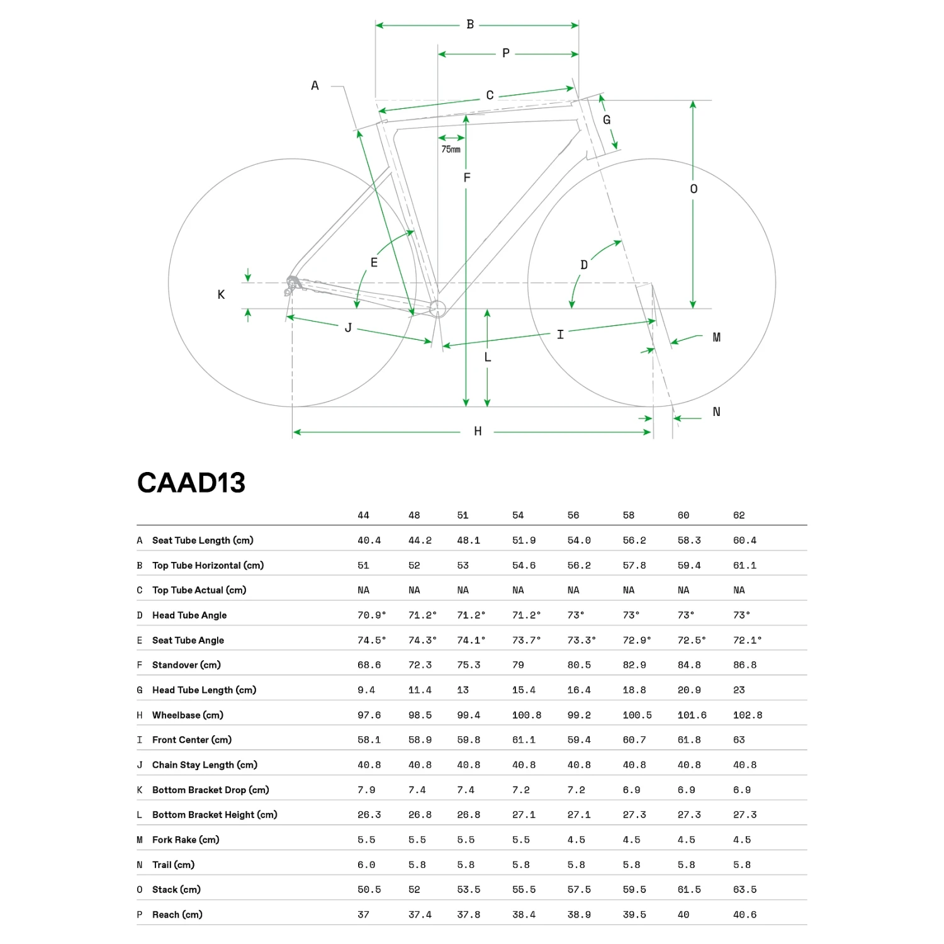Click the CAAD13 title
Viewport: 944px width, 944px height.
[191, 483]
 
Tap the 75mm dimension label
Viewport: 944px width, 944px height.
[451, 149]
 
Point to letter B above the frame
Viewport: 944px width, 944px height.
[470, 25]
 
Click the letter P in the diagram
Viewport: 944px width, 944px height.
[506, 53]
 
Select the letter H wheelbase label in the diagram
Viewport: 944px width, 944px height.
[478, 431]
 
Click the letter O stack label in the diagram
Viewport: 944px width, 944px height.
[694, 189]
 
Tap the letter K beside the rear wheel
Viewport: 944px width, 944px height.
[221, 295]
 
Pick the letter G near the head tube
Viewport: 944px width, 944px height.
[607, 120]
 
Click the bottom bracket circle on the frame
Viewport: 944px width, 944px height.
[437, 308]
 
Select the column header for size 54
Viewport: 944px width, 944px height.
[518, 515]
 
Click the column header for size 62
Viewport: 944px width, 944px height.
[739, 515]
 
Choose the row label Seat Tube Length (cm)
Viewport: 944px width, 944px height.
[203, 540]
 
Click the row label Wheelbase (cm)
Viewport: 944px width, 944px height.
[188, 715]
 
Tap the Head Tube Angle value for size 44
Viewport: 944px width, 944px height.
[371, 615]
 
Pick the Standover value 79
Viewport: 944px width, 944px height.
[518, 665]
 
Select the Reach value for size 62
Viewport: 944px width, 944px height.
[745, 914]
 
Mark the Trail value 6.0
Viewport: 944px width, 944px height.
[366, 865]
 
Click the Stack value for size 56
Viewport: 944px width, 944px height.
[579, 889]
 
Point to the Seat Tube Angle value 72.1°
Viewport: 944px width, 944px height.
[747, 640]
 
